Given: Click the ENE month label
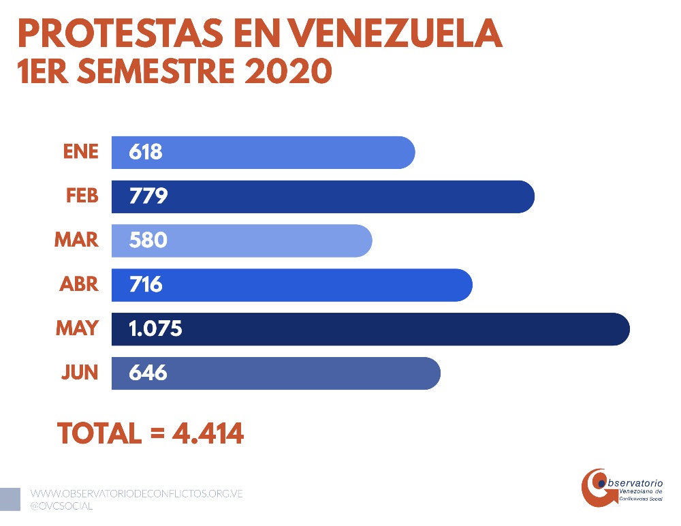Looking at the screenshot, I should (81, 151).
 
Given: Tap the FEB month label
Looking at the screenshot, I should (82, 196).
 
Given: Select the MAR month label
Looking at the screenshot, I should (76, 240).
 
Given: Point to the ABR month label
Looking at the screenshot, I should (79, 284).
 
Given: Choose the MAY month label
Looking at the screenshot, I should (77, 328).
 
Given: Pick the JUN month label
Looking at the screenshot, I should (80, 373).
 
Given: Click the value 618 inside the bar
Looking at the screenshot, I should (146, 151).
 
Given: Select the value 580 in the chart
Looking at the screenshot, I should (148, 240).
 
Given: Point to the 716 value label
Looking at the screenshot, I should (146, 284).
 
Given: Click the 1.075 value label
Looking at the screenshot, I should (156, 328).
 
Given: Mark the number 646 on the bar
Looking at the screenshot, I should (148, 373).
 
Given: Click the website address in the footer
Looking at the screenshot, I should (137, 493).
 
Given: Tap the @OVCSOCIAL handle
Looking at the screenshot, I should (62, 506).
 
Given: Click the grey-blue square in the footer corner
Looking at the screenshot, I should (10, 499).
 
